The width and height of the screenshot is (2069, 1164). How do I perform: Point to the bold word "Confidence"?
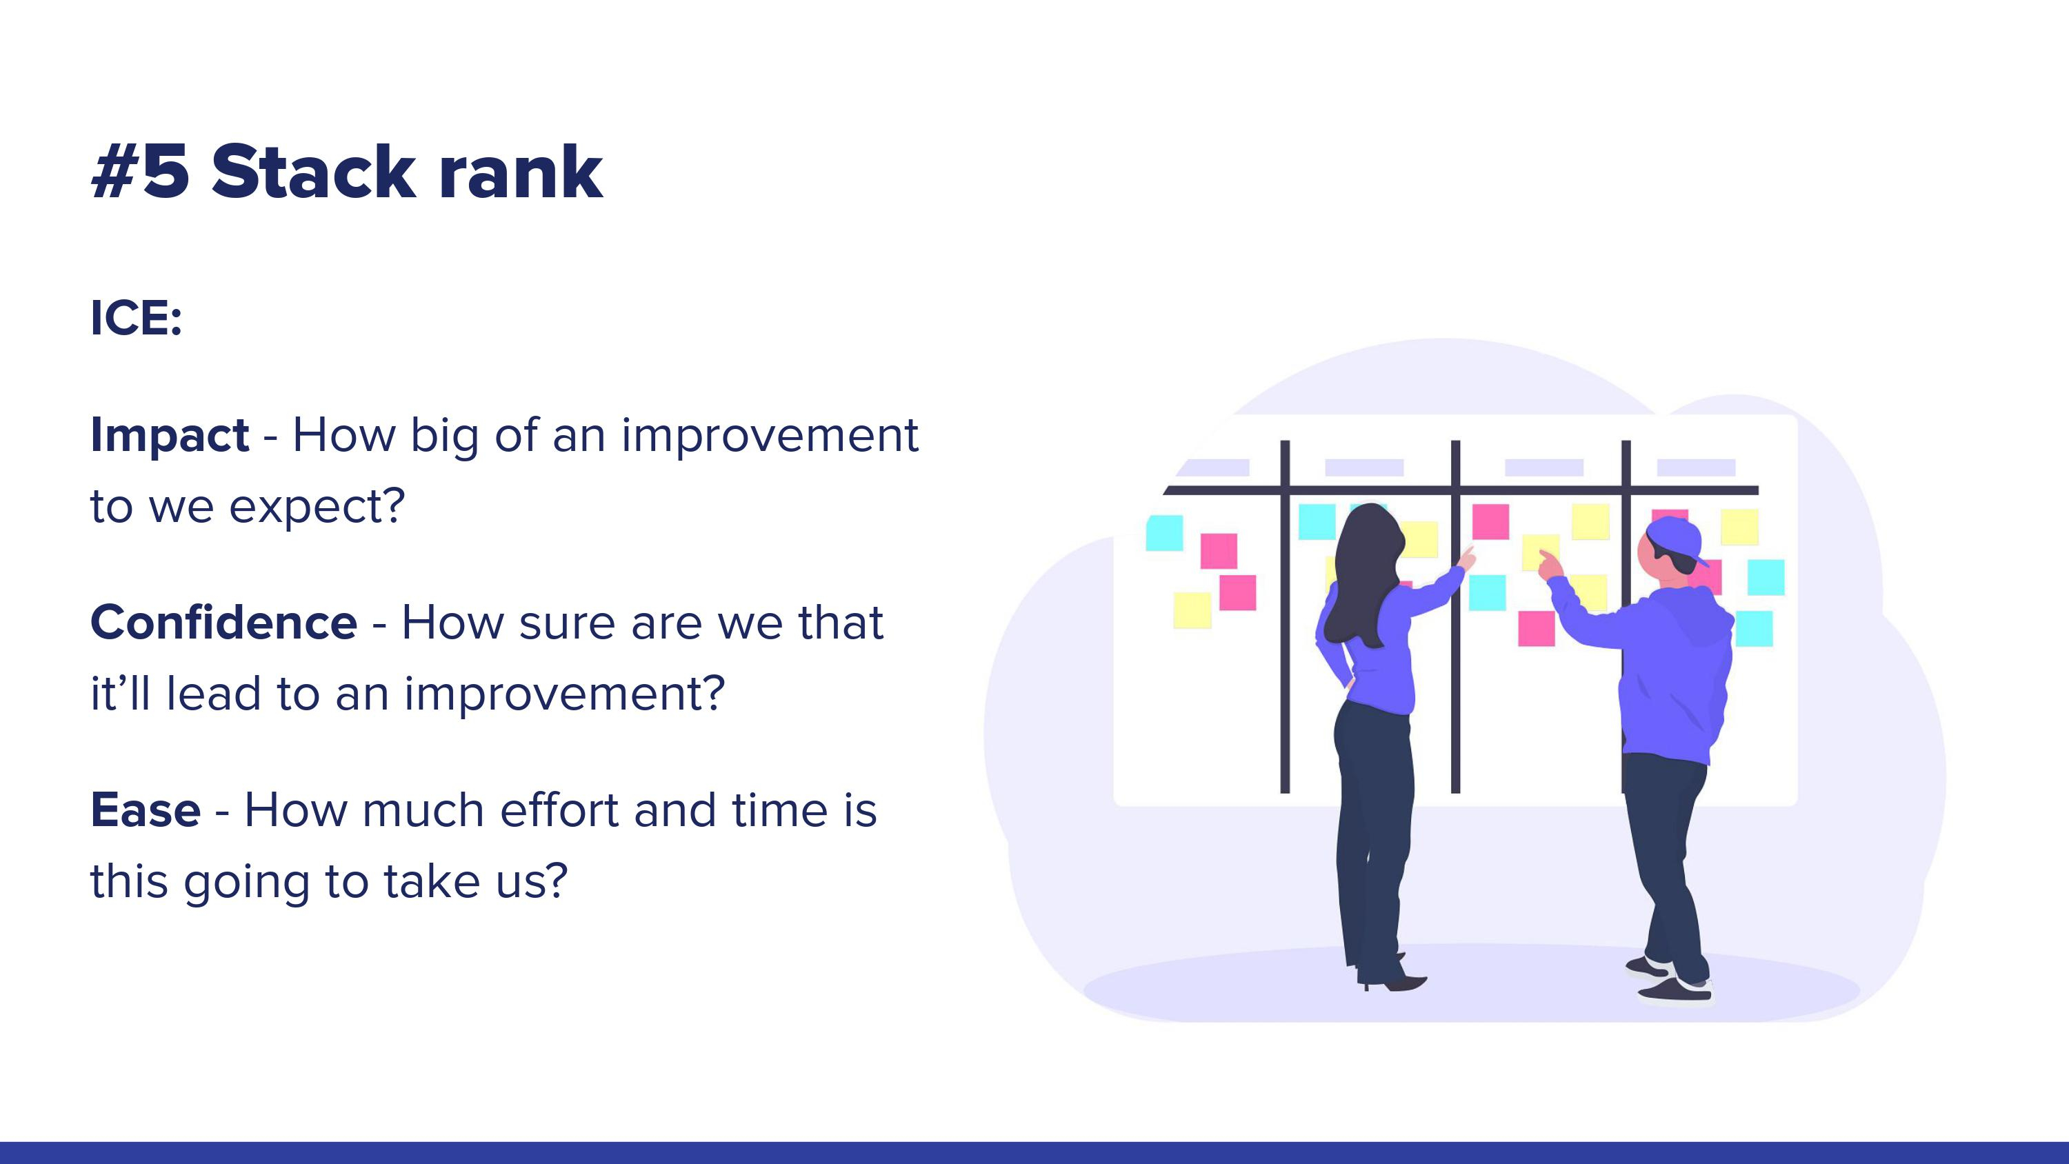[x=223, y=623]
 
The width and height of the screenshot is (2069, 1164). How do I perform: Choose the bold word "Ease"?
[x=146, y=810]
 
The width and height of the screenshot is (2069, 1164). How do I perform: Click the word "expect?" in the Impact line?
[x=317, y=508]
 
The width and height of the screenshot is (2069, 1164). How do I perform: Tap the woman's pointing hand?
[x=1467, y=557]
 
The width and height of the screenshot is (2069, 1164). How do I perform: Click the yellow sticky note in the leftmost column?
[x=1192, y=610]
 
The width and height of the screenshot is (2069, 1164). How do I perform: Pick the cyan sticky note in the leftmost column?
[x=1164, y=532]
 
